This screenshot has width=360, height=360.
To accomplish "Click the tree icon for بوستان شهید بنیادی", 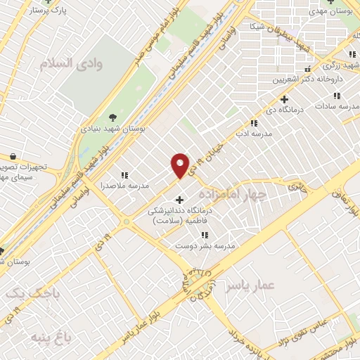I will tap(112, 117).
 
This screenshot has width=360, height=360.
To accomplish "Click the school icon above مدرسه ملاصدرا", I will tap(124, 175).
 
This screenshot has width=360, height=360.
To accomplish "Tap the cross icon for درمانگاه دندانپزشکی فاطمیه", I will tap(179, 200).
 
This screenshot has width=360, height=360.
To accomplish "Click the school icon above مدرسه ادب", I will tap(253, 124).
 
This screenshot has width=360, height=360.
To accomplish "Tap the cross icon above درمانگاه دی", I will tap(284, 99).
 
